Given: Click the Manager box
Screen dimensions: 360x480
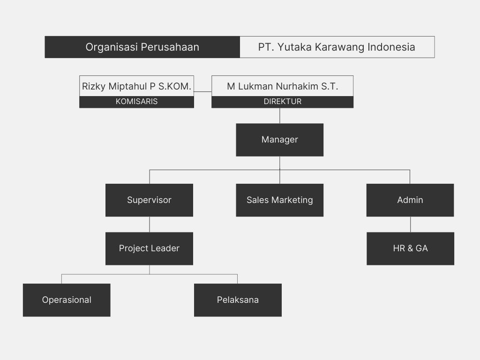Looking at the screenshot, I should (279, 140).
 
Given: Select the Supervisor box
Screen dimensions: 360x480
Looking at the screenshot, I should (149, 200).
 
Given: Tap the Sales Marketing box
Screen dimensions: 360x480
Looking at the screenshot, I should (279, 200).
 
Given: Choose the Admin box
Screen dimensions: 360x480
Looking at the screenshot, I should (410, 200).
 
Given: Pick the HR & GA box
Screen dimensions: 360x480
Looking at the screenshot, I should (410, 248).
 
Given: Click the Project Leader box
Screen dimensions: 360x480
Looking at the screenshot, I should (149, 248).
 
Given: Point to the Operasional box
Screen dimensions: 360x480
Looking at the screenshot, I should (67, 300).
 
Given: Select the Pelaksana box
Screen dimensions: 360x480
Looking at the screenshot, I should (238, 300).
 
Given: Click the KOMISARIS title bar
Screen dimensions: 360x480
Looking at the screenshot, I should (136, 102).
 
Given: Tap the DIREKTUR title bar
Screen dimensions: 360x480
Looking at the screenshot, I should (282, 102).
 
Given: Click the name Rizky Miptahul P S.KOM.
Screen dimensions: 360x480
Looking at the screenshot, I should (136, 86).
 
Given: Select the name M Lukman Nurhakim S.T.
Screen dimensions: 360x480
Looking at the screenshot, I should (282, 86).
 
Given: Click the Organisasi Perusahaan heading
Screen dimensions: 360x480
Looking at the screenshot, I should (142, 47).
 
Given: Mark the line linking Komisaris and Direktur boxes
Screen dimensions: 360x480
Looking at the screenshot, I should (202, 92).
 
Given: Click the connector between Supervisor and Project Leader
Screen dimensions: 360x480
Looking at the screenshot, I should (150, 224).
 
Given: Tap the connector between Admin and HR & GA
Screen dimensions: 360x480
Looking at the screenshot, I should (410, 224).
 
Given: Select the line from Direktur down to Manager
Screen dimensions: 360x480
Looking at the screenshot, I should (280, 116).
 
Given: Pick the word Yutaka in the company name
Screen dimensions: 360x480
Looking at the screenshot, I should (297, 47).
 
